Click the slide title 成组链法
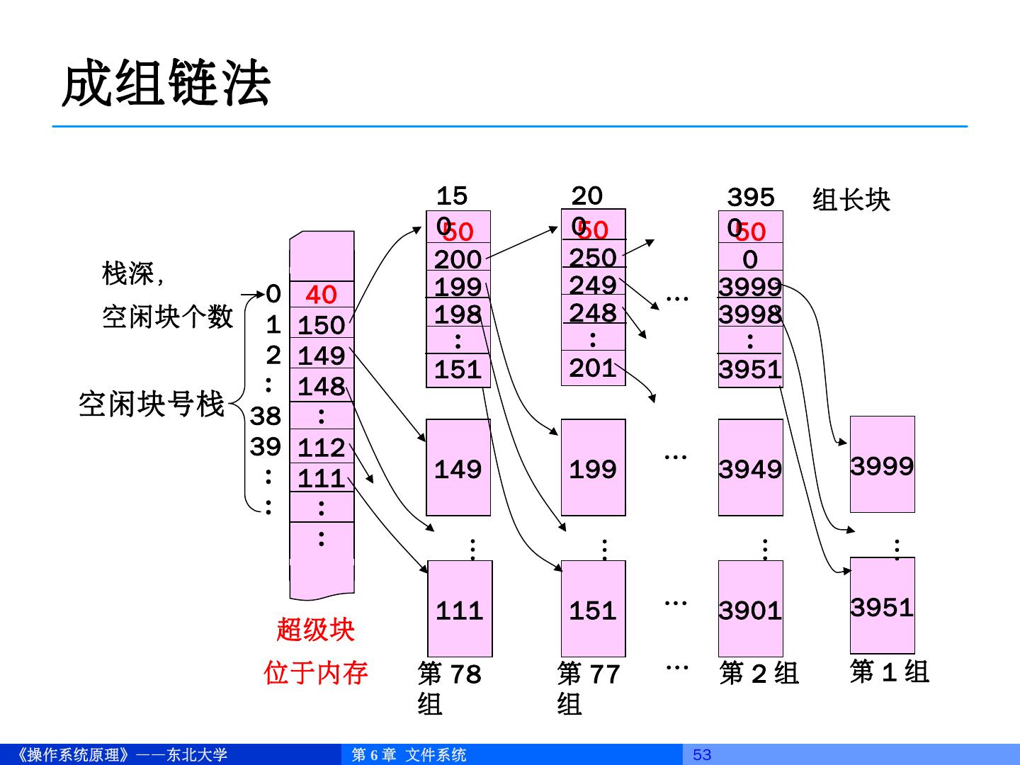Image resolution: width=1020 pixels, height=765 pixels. (166, 84)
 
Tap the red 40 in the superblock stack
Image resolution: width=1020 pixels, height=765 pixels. (321, 294)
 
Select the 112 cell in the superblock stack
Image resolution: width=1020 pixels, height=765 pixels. (321, 447)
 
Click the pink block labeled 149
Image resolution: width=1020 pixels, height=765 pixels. (458, 468)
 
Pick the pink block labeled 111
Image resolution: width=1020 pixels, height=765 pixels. (459, 609)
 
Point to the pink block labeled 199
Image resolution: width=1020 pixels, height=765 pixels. (593, 468)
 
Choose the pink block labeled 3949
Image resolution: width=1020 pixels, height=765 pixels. (750, 468)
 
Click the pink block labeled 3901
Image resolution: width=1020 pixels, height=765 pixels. (750, 609)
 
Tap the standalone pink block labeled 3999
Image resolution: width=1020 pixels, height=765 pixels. (882, 465)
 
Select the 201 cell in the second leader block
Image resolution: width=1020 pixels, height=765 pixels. (593, 368)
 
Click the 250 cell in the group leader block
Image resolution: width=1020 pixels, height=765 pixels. (593, 256)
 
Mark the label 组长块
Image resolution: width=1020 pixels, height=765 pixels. (851, 200)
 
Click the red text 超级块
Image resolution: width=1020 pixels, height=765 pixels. (315, 629)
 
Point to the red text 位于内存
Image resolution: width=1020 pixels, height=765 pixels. (316, 672)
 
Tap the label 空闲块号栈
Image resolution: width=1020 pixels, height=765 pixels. (152, 404)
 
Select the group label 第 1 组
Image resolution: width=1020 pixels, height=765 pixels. (889, 671)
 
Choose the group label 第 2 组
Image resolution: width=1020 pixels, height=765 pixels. (759, 673)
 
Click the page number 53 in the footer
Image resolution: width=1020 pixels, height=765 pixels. (701, 754)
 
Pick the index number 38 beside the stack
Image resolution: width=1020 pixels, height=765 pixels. (266, 416)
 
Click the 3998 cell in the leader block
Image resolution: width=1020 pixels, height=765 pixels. (750, 313)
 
